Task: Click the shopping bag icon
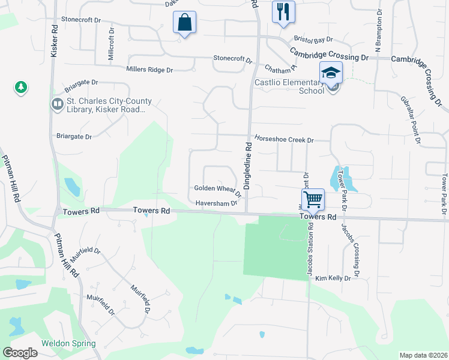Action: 185,23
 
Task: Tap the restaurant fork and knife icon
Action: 283,11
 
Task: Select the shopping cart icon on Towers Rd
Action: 313,199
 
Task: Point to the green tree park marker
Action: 21,88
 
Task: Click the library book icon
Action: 57,104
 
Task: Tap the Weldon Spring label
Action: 68,344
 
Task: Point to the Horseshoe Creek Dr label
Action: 284,139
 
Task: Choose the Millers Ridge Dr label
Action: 149,70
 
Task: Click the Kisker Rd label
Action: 54,41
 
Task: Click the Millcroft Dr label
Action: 111,44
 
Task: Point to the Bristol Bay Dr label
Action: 313,40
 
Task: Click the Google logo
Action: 20,353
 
